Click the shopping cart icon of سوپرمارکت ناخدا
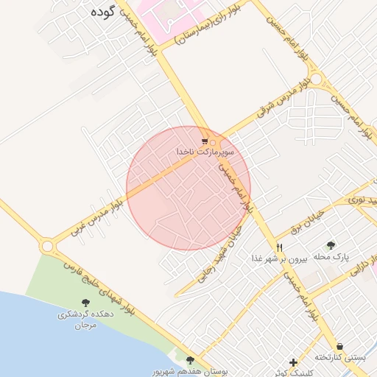205,141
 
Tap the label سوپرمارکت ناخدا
205,151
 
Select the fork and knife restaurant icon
279,247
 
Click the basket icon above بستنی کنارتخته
339,345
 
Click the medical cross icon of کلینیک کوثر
293,362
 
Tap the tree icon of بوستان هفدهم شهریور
191,360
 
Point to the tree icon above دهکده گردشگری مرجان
86,302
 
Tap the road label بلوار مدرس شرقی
281,100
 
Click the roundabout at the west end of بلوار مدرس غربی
48,245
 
